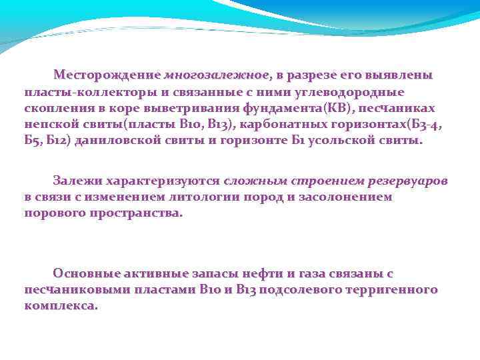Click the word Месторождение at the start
107,74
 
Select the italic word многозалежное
217,74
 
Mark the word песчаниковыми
73,289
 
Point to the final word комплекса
60,306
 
